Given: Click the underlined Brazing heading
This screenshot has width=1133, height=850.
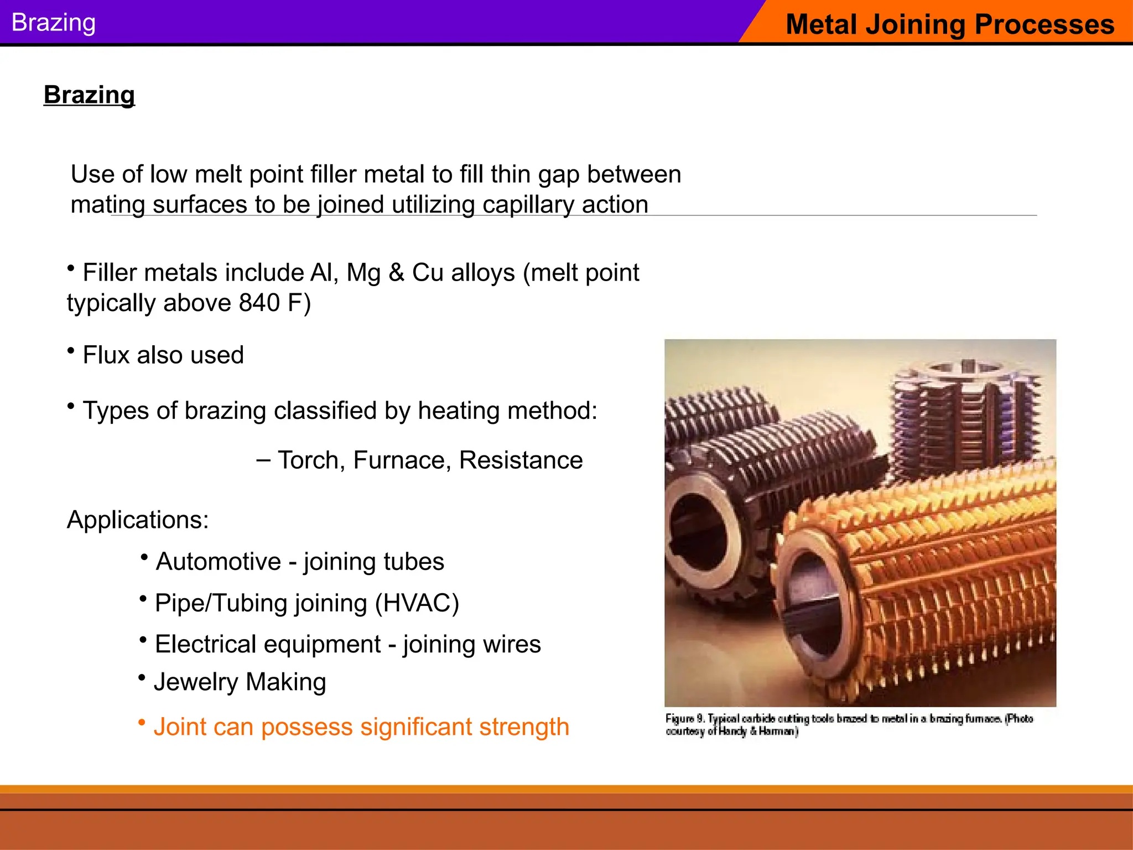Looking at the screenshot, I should tap(89, 95).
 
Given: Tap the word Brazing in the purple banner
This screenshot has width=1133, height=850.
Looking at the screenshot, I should tap(54, 23).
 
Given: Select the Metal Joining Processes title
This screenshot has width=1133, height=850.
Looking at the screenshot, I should tap(949, 24).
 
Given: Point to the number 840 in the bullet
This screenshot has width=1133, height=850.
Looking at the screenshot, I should tap(259, 303).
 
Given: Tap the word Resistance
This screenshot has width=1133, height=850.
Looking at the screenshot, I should tap(521, 460).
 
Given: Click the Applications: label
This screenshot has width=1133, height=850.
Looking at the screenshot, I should tap(138, 520).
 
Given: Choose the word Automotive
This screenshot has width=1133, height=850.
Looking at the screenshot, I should tap(219, 561).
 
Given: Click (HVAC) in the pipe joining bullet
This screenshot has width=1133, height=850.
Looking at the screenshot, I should tap(417, 603).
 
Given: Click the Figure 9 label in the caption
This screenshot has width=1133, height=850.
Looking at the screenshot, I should tap(685, 718).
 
